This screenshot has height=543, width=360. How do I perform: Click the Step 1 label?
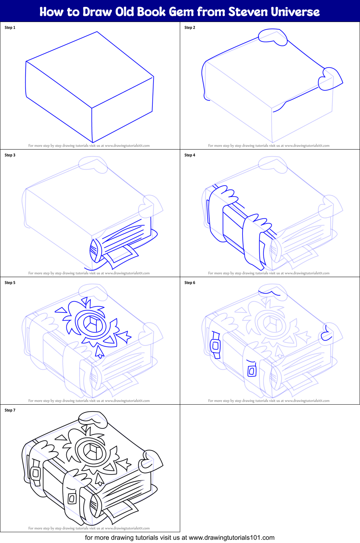(10, 27)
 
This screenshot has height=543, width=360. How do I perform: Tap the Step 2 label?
(190, 27)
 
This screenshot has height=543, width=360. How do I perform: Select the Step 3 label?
(10, 155)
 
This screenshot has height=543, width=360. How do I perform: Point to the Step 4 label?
(190, 155)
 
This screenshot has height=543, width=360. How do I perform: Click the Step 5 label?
(10, 282)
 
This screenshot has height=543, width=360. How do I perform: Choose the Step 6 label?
(190, 282)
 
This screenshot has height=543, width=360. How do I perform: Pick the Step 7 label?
(10, 410)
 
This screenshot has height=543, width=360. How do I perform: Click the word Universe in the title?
(295, 12)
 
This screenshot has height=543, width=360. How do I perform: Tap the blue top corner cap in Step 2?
(273, 36)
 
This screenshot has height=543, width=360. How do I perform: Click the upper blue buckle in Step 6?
(215, 345)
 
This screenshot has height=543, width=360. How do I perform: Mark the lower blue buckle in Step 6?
(252, 370)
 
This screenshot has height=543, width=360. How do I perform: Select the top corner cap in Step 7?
(93, 419)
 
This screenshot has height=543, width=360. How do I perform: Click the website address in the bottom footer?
(231, 538)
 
